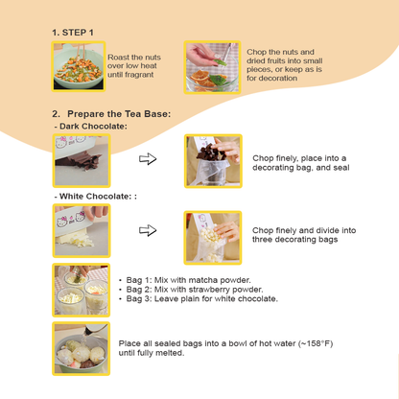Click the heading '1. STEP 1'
(x=73, y=32)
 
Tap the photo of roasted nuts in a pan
(x=80, y=66)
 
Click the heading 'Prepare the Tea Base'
(x=116, y=114)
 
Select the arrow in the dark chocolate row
(x=148, y=159)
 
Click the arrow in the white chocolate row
(x=148, y=231)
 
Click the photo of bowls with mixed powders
(x=80, y=289)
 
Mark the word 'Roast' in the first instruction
(x=121, y=58)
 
